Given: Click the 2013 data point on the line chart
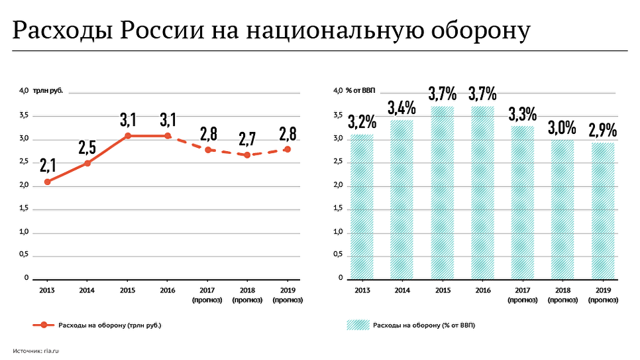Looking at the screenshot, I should click(47, 182).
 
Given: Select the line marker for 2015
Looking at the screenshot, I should click(127, 136).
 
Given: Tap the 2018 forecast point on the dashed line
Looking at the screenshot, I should click(247, 154).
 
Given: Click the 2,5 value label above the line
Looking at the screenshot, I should click(87, 147).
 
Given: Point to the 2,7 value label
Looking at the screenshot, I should click(247, 139).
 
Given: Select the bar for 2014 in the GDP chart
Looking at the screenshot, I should click(402, 199).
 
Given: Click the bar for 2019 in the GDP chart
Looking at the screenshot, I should click(603, 210).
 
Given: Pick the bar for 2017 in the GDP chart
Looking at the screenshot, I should click(522, 202).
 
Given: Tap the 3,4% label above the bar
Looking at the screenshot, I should click(402, 107).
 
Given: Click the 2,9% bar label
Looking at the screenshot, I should click(603, 130).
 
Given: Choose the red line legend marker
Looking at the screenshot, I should click(44, 325).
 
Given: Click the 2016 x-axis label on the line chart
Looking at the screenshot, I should click(167, 290).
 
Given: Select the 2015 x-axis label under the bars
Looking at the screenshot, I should click(442, 290).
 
